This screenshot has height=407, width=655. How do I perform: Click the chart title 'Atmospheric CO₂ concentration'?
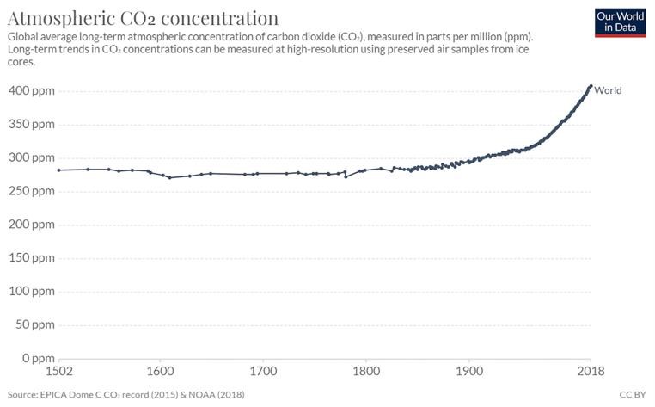(x=143, y=18)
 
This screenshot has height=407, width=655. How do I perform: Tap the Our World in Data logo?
(x=621, y=22)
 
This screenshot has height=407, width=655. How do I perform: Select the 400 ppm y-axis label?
(x=32, y=90)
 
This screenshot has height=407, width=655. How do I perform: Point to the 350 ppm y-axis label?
(x=32, y=124)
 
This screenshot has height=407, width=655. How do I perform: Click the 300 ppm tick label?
(x=32, y=157)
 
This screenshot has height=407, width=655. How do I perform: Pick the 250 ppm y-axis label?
(x=32, y=191)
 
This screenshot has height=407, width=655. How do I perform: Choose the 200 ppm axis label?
(x=32, y=225)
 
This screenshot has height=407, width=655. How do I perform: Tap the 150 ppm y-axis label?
(x=32, y=257)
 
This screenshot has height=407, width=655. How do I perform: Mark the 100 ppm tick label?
(x=32, y=291)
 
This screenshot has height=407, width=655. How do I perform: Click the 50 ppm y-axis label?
(x=35, y=324)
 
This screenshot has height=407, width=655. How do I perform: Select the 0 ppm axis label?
(x=39, y=359)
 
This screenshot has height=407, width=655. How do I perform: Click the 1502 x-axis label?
(x=59, y=371)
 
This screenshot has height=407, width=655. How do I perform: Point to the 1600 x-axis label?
(x=161, y=371)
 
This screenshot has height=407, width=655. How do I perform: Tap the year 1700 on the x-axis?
(x=263, y=371)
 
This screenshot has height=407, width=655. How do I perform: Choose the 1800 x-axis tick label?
(x=366, y=371)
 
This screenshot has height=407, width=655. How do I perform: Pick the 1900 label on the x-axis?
(x=469, y=371)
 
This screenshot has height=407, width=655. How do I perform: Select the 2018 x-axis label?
(x=591, y=371)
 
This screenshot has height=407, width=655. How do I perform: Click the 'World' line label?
(x=608, y=90)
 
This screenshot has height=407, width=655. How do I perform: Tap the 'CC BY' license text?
(x=633, y=394)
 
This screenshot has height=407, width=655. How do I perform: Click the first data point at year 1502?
(x=59, y=170)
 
